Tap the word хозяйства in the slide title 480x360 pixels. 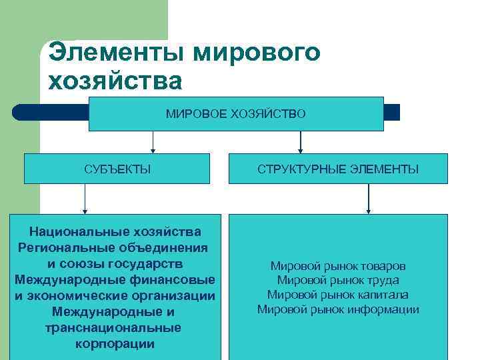coord(115,81)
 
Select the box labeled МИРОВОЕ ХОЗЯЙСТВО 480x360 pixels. coord(236,114)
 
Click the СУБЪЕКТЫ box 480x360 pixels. coord(117,169)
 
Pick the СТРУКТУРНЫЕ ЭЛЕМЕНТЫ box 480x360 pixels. coord(338,169)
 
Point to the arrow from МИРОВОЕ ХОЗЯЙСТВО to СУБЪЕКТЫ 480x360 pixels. coord(153,143)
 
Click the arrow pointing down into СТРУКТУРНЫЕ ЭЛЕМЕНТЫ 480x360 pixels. coord(301,143)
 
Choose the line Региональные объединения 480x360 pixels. coord(113,247)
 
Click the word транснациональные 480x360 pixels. coord(113,328)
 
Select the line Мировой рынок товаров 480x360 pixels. coord(338,266)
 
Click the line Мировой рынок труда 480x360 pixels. coord(338,281)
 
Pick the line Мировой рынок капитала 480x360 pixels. coord(338,295)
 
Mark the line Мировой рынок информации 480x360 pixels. coord(338,309)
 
